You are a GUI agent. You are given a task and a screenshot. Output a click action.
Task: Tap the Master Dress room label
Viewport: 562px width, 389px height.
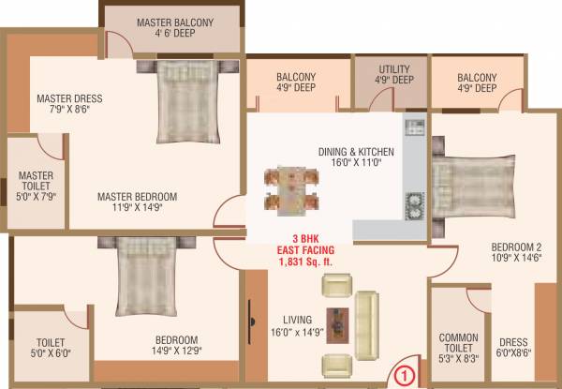point(69,98)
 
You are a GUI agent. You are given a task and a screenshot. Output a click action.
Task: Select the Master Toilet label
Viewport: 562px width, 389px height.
point(37,182)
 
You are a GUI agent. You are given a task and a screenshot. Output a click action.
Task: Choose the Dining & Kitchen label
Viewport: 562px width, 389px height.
point(356,151)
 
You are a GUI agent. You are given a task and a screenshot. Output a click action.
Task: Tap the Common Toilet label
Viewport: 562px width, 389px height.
point(459,343)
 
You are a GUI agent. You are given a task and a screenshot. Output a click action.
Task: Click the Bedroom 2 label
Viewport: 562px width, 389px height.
point(514,248)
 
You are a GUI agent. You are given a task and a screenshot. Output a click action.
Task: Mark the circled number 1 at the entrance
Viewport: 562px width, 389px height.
point(404,377)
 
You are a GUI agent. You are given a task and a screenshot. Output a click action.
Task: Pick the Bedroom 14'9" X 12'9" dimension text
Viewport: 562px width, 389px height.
point(177,352)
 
